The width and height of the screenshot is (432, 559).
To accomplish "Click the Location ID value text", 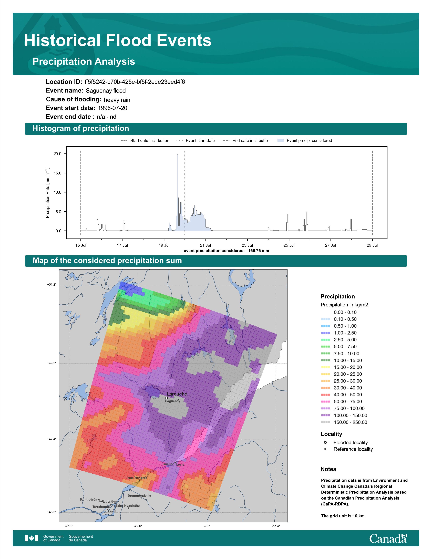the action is tap(135, 82).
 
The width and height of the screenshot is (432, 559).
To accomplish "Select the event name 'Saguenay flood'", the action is tap(106, 91).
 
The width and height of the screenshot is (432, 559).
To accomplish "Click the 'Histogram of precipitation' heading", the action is tap(81, 129).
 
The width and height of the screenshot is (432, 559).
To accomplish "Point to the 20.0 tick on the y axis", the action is tap(57, 154).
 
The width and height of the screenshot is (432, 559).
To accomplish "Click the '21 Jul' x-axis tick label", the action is tap(205, 245).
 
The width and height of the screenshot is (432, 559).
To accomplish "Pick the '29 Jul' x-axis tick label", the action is tap(372, 245).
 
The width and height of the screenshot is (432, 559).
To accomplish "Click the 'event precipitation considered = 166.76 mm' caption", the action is tap(226, 251).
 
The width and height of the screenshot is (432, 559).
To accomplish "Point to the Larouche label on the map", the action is tap(177, 394).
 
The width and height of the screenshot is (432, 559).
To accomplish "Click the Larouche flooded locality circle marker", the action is tap(167, 398).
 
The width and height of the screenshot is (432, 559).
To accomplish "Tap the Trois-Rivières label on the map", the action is tap(137, 478).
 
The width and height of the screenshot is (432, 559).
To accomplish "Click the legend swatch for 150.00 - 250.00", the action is tap(325, 422).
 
